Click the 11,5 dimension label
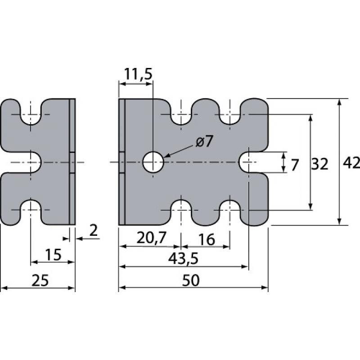pos(138,74)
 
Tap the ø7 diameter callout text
pos(204,141)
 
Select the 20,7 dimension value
pos(151,238)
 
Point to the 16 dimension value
pos(207,239)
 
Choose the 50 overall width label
pos(191,280)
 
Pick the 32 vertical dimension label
pos(319,164)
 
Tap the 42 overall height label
pos(351,163)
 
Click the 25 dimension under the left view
pos(40,280)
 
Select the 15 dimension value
pos(53,255)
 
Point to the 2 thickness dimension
pos(94,230)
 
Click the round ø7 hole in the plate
pos(153,162)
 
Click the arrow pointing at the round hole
pos(180,152)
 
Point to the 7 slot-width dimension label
pos(295,165)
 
